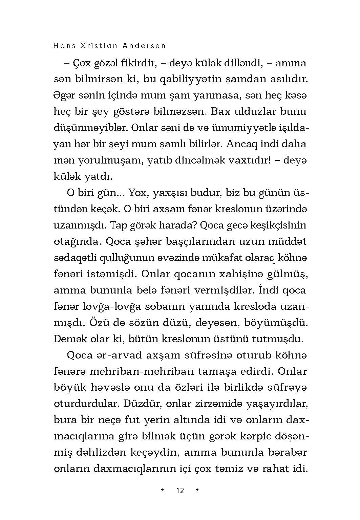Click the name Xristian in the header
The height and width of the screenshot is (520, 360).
93,46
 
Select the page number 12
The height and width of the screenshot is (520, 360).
180,491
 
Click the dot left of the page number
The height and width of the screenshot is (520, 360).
162,490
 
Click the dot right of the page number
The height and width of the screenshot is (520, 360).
197,490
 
